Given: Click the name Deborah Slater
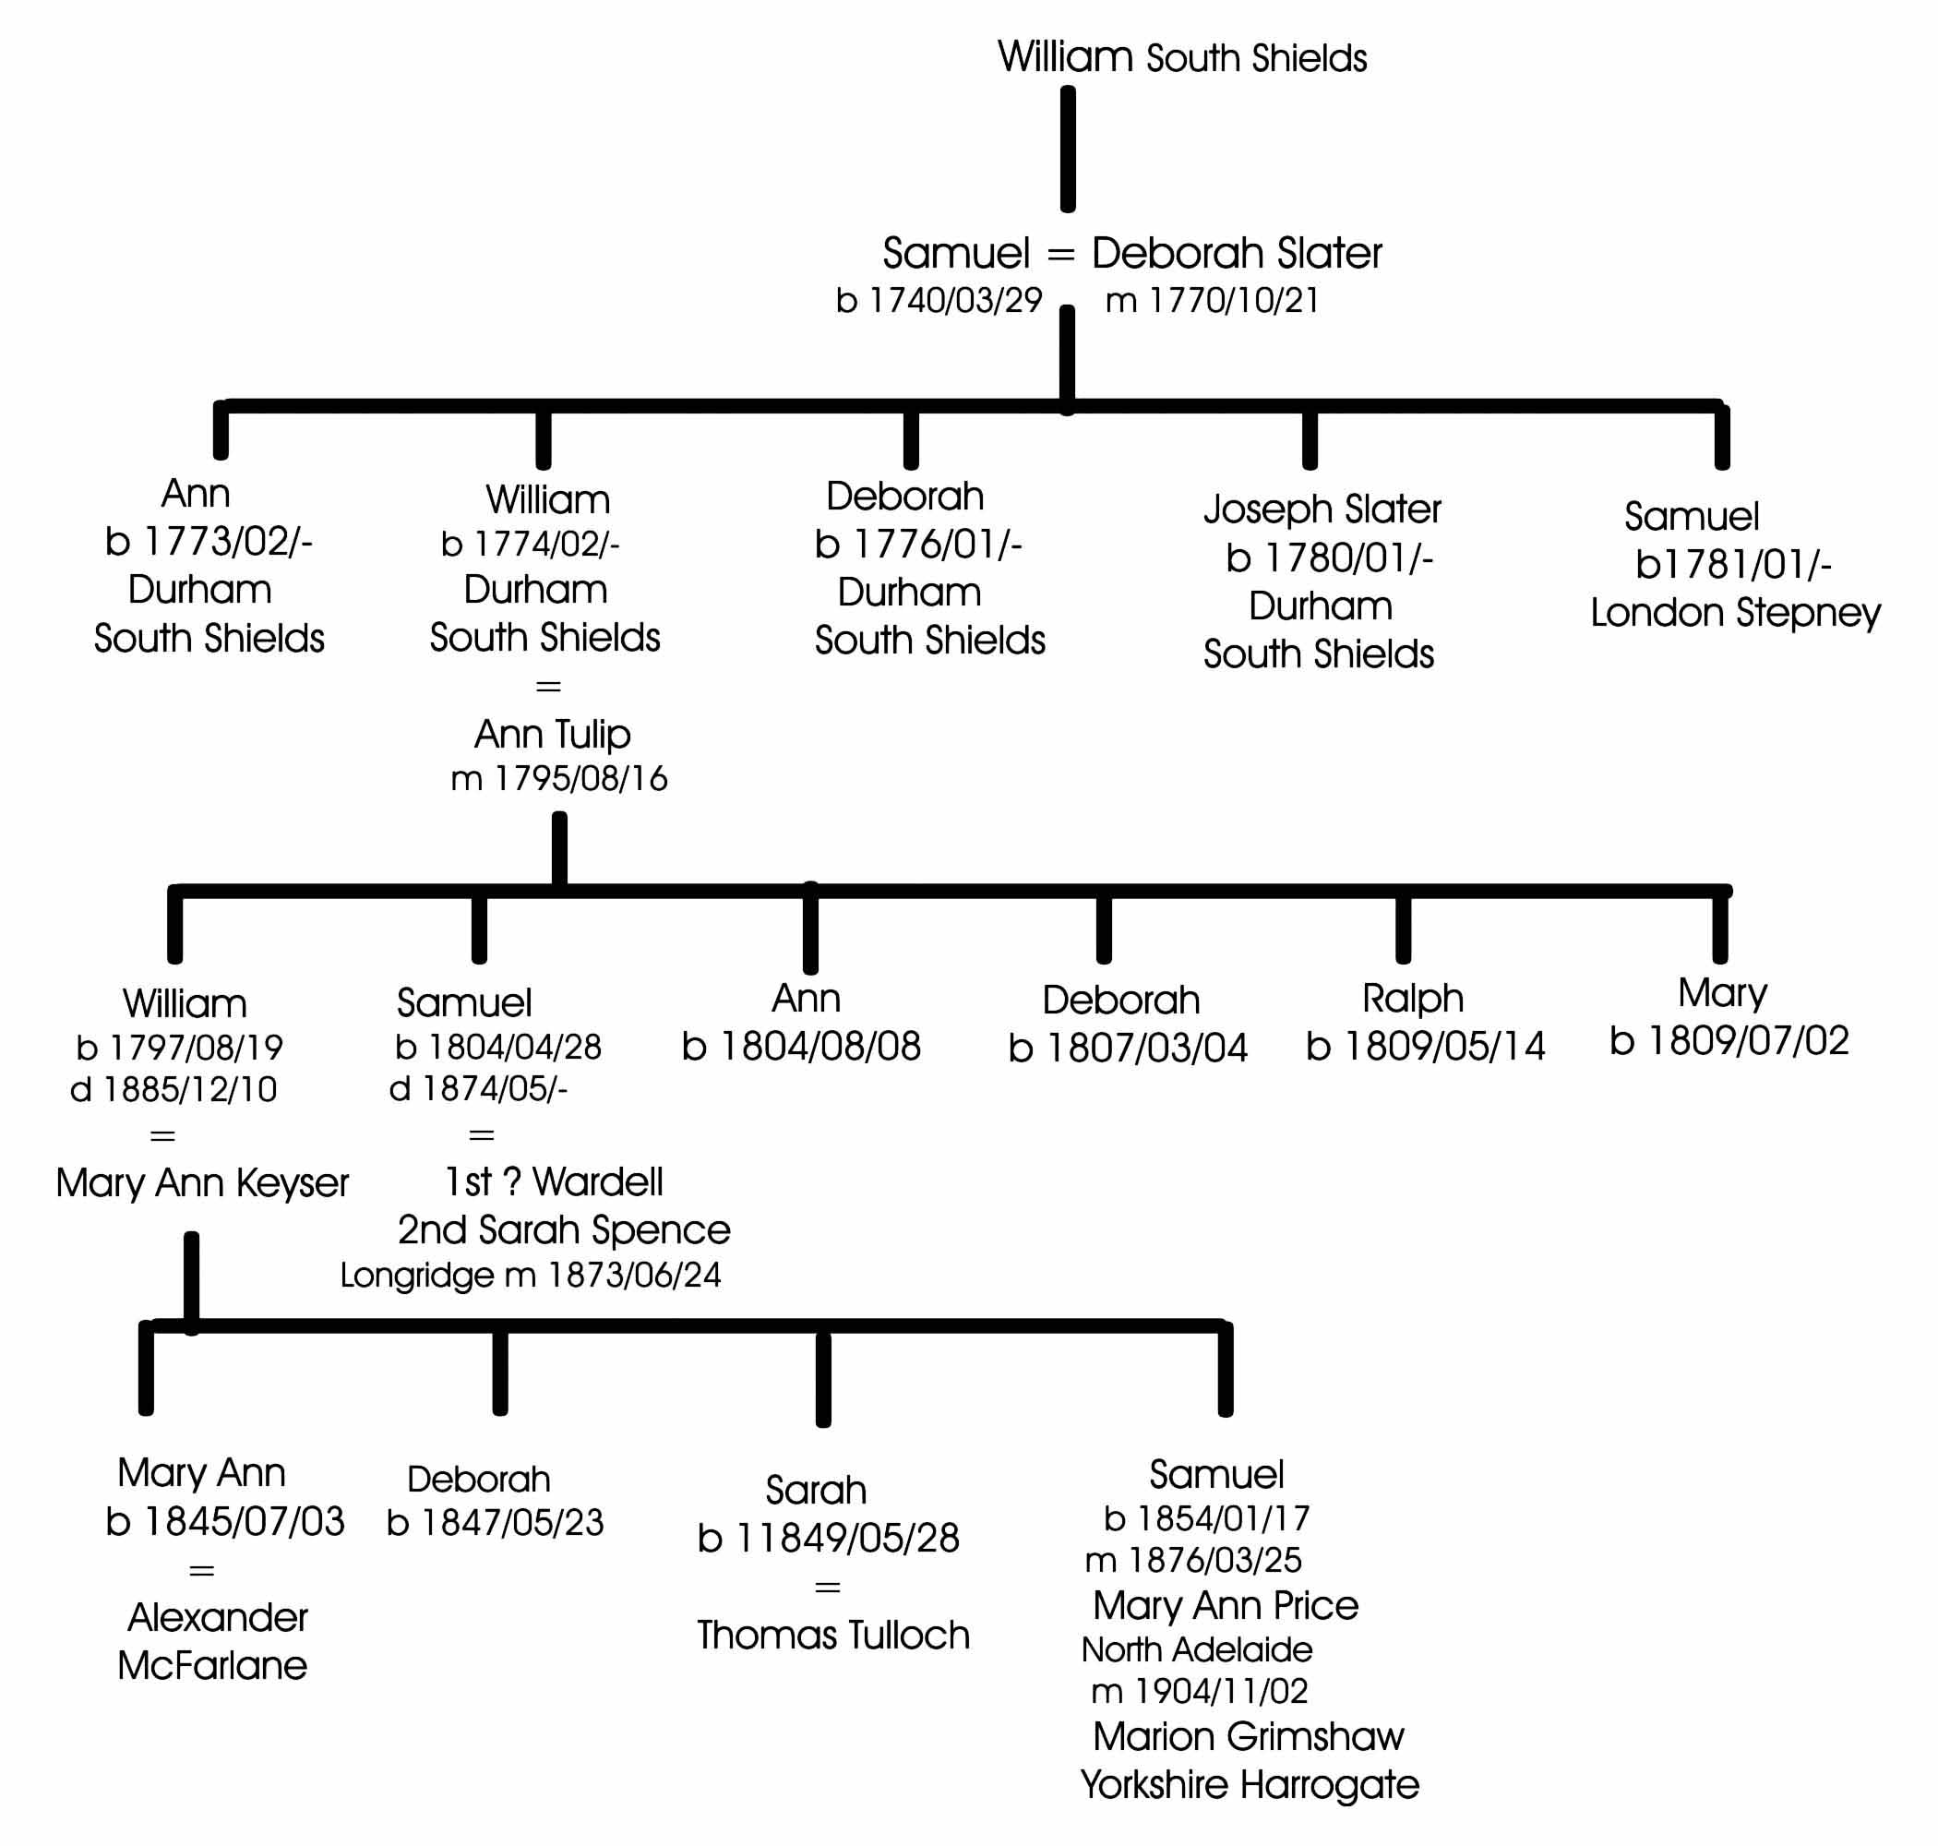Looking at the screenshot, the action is coord(1237,253).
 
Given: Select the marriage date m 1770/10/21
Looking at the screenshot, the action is coord(1212,300).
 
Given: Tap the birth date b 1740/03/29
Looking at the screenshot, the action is coord(939,300).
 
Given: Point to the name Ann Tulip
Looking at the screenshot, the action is coord(552,735).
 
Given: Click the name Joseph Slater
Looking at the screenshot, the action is coord(1322,509).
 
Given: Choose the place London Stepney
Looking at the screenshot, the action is coord(1735,613).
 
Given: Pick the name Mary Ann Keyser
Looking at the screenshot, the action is coord(202,1182).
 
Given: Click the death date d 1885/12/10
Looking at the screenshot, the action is coord(174,1089).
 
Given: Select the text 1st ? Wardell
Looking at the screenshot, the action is coord(554,1181).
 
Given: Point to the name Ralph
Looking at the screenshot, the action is coord(1413,999).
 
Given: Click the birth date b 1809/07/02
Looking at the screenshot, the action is coord(1729,1040).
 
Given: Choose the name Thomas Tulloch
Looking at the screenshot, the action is coord(833,1636).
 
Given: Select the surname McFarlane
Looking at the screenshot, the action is coord(212,1665).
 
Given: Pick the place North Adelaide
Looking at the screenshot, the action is coord(1196,1649).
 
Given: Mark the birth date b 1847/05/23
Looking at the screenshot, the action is coord(495,1523).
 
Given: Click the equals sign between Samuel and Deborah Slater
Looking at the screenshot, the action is coord(1060,255).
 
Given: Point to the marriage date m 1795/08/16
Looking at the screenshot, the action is coord(558,779).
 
